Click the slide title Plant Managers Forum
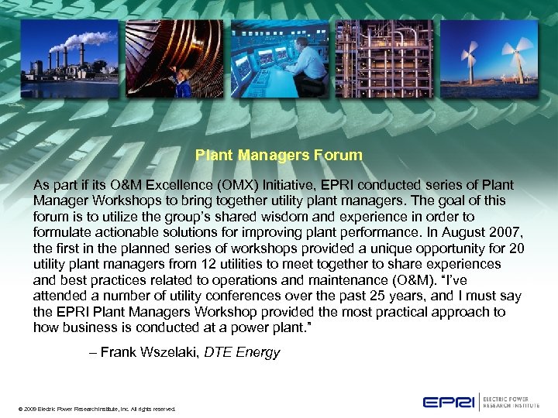[x=278, y=155]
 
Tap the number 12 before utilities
[x=214, y=264]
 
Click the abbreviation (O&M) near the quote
[x=409, y=279]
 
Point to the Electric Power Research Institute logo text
[x=513, y=401]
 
